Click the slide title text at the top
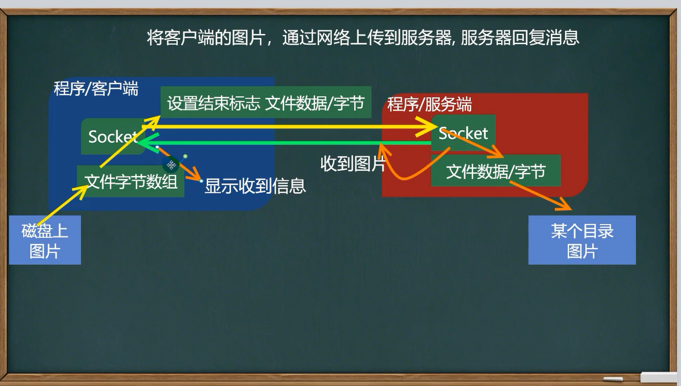(x=363, y=38)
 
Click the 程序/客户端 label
(x=96, y=89)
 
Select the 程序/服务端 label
(x=429, y=104)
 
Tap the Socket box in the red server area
(x=464, y=132)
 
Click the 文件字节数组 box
(x=131, y=182)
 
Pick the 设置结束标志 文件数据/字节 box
(x=266, y=103)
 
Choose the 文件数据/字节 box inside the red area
(x=495, y=172)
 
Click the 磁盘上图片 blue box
(x=45, y=241)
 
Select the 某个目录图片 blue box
(x=582, y=241)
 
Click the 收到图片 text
(x=353, y=163)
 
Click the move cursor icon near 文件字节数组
(x=172, y=165)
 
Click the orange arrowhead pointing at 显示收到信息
(x=197, y=178)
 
